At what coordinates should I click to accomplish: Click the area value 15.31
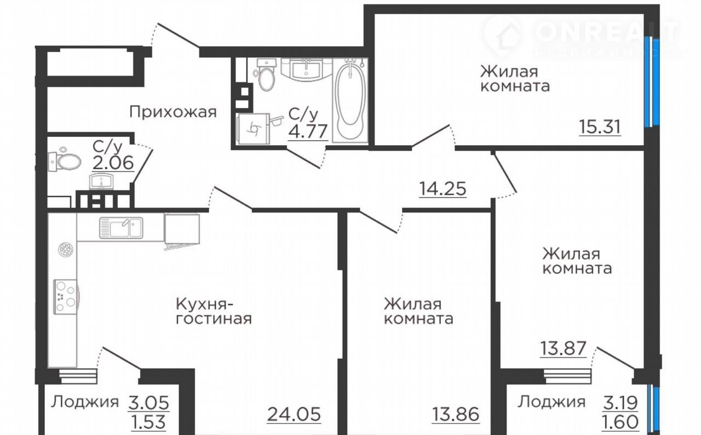coord(600,127)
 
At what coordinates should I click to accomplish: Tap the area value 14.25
coord(443,188)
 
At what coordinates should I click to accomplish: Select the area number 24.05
coord(294,414)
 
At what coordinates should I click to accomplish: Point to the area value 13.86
coord(456,414)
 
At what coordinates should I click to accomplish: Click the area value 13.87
coord(564,348)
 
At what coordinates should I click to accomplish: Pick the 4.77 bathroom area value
coord(308,131)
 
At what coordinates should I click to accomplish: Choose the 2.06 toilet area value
coord(113,163)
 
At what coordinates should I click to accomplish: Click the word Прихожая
coord(173,112)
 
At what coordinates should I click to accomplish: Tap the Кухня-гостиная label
coord(214,311)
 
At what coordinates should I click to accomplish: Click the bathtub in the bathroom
coord(350,100)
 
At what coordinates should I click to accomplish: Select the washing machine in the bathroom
coord(253,129)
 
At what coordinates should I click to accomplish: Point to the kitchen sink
coord(121,228)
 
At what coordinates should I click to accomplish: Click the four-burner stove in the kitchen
coord(65,297)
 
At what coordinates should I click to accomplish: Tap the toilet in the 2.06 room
coord(65,161)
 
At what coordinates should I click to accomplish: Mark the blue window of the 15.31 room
coord(652,82)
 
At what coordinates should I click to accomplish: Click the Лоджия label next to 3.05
coord(84,402)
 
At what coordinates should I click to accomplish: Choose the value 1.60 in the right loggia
coord(620,421)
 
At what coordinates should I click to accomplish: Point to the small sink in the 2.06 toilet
coord(101,181)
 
